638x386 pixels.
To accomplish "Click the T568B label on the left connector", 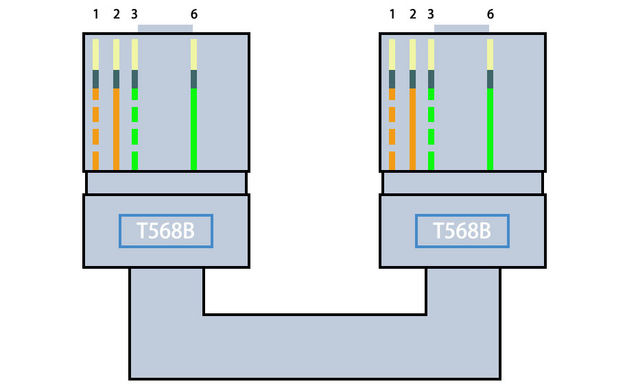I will (x=165, y=231).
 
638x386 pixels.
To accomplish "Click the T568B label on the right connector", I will (x=462, y=231).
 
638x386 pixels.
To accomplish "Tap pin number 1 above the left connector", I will (x=95, y=14).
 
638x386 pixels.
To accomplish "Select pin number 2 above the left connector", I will (x=116, y=14).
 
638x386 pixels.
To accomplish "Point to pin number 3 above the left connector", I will (x=134, y=14).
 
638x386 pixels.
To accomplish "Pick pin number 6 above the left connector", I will (x=193, y=14).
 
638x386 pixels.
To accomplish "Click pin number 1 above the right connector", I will (x=392, y=14).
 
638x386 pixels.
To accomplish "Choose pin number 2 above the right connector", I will (x=412, y=14).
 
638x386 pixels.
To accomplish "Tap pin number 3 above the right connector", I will (x=430, y=14).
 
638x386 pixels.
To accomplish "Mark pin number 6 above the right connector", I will (x=490, y=14).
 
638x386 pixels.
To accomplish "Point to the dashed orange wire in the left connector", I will (x=95, y=114).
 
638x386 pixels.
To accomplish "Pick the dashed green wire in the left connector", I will (x=134, y=114).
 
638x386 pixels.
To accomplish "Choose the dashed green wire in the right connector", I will (x=431, y=114).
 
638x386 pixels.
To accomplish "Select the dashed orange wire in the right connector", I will (x=392, y=114).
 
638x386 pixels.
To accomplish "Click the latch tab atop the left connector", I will (x=165, y=29).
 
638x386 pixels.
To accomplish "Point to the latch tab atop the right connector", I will (x=462, y=29).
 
